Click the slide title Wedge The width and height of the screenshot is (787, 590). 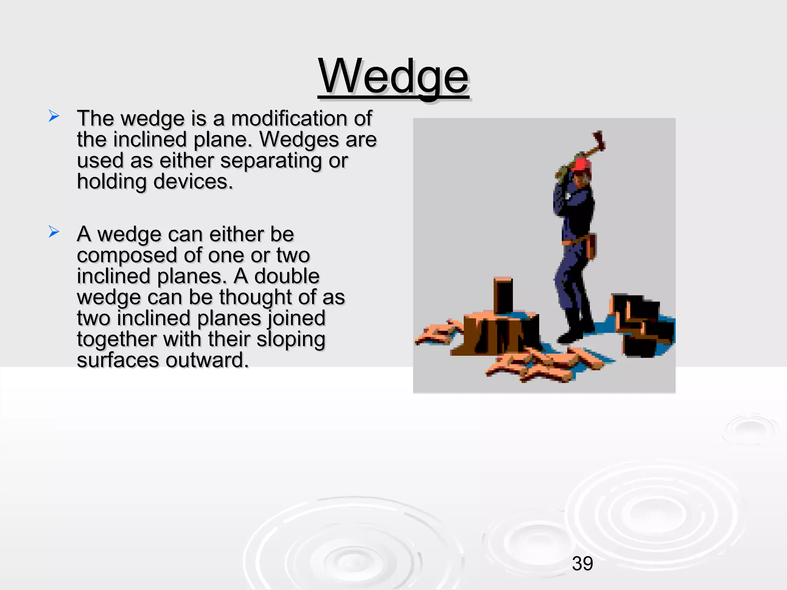click(x=393, y=77)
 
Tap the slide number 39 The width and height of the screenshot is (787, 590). click(x=582, y=563)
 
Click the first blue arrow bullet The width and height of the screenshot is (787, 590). click(x=54, y=116)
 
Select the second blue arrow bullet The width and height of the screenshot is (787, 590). click(x=54, y=232)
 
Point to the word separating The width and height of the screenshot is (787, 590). click(x=271, y=161)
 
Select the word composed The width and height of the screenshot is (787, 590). click(x=127, y=256)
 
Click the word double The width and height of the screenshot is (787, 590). click(x=287, y=277)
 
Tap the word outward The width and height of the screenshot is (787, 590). click(x=208, y=361)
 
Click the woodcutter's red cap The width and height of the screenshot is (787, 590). click(x=581, y=164)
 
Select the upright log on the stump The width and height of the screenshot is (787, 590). click(x=503, y=296)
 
